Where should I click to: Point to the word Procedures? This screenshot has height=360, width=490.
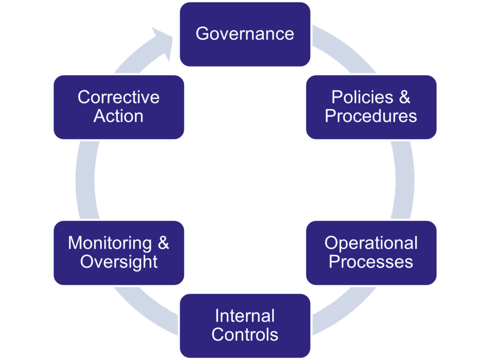click(x=371, y=116)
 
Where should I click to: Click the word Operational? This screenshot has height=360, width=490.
click(x=371, y=243)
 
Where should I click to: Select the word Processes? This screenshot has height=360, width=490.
click(x=371, y=262)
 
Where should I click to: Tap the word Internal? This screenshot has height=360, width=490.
click(x=245, y=316)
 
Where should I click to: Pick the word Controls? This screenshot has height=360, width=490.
click(x=245, y=335)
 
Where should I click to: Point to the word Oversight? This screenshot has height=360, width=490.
click(x=119, y=262)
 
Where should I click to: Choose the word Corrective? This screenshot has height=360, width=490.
click(x=119, y=97)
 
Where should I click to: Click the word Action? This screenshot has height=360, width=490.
click(x=119, y=116)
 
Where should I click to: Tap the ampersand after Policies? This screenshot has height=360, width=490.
click(x=404, y=97)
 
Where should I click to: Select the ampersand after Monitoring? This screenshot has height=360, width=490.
click(x=163, y=243)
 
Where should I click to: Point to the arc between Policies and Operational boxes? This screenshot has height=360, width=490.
click(x=404, y=180)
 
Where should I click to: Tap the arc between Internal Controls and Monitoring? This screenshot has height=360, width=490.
click(x=144, y=306)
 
